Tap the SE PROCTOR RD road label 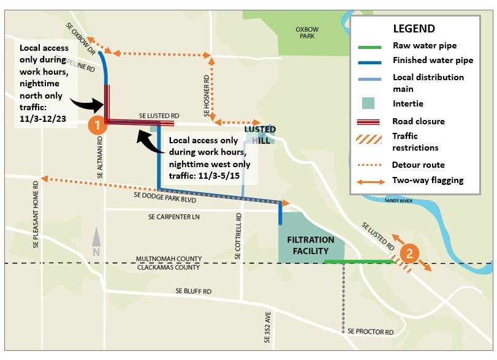[370, 331]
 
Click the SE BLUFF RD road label [193, 291]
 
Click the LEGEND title [414, 29]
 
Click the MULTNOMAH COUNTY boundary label [168, 260]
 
